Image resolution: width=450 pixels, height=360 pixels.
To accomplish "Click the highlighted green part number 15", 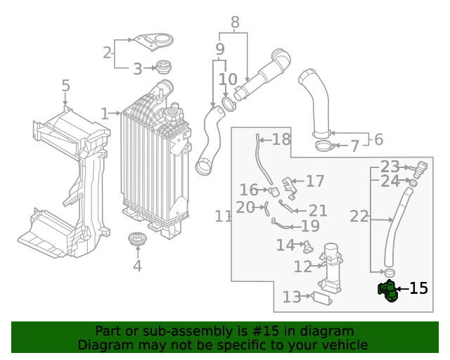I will tap(387, 290).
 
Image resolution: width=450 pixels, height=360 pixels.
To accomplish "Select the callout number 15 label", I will tap(418, 288).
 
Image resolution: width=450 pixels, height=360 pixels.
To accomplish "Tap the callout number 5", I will tap(65, 86).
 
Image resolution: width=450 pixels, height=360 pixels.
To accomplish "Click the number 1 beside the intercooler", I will tap(105, 113).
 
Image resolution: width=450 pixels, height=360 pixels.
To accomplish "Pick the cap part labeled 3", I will tap(165, 68).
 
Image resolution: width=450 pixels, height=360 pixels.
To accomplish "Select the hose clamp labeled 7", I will tap(324, 146).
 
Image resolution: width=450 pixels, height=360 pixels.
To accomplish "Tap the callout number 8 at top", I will tap(235, 22).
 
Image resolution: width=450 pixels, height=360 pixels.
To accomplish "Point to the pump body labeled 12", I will tap(332, 267).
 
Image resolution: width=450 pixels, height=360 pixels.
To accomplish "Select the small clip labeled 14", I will tap(307, 246).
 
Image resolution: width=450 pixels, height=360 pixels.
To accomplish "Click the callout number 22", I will tap(359, 216).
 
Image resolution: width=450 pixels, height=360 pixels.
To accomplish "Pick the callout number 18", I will tap(281, 139).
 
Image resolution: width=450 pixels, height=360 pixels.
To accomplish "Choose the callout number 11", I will tap(223, 217).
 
